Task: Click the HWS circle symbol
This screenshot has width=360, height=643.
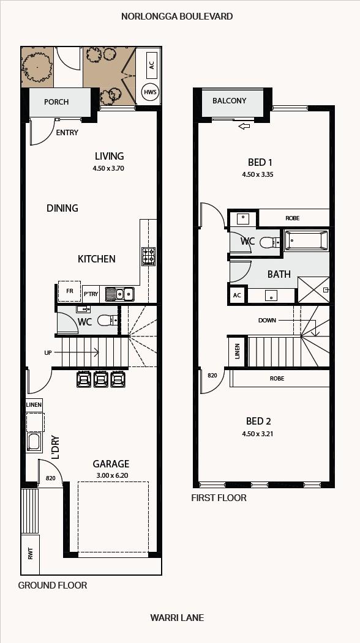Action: (150, 92)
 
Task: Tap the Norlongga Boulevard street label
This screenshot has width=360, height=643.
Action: (177, 17)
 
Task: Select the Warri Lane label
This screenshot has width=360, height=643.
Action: (177, 617)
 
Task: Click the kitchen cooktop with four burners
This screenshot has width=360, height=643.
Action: (148, 256)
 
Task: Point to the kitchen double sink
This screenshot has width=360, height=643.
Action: (119, 294)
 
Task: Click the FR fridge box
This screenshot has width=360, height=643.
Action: (70, 291)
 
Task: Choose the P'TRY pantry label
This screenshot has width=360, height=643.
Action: (91, 294)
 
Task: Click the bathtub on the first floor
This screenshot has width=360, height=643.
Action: (306, 240)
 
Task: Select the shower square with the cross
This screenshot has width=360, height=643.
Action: (313, 291)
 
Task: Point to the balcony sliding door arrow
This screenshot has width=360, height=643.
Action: (244, 126)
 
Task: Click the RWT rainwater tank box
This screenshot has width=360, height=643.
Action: (31, 554)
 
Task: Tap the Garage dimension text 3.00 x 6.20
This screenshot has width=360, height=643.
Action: (111, 475)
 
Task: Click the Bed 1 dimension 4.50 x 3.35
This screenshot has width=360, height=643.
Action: (258, 174)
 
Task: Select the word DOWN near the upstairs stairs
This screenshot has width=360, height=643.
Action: (267, 320)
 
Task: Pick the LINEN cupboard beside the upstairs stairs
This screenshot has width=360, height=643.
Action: (238, 351)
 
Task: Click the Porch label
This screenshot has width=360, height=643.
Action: (56, 102)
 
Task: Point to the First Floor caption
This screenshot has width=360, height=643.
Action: (219, 498)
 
